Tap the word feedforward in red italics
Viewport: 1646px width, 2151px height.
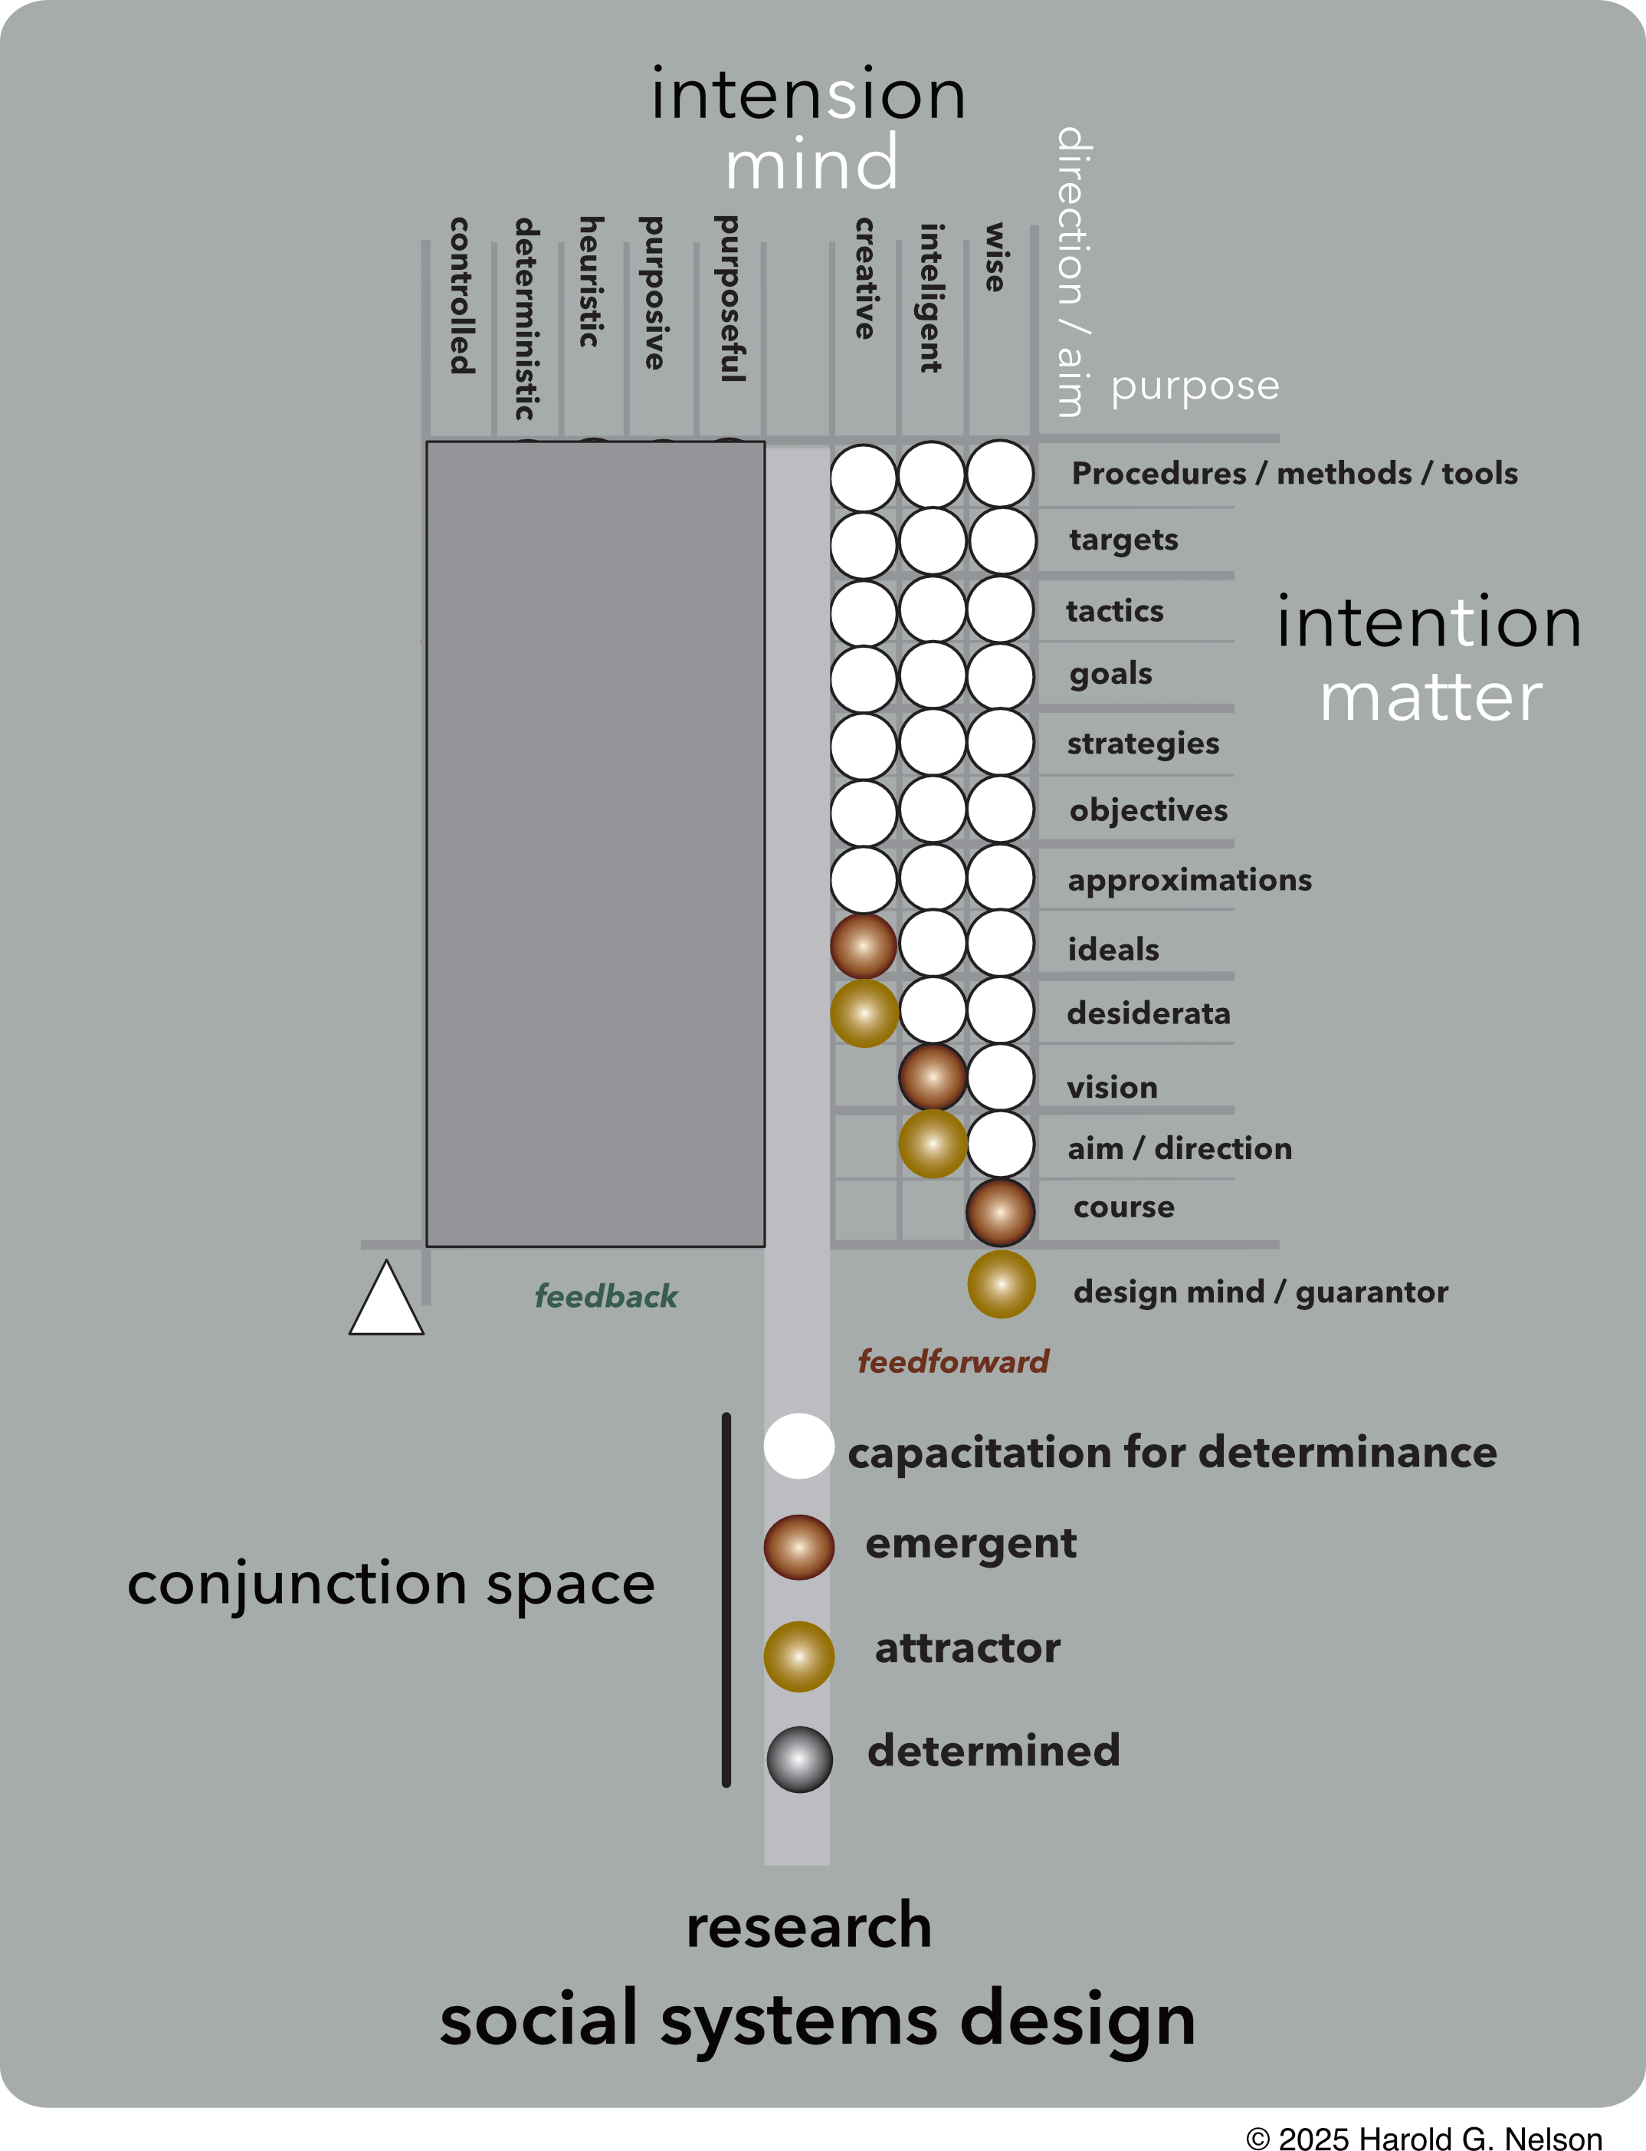(x=953, y=1361)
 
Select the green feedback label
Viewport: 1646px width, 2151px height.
(x=605, y=1296)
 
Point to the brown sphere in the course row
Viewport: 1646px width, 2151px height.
(x=1000, y=1212)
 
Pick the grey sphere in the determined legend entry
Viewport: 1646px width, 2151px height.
(x=799, y=1759)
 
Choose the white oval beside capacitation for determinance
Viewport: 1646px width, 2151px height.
(x=798, y=1446)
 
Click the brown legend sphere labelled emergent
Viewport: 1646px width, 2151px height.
(x=798, y=1546)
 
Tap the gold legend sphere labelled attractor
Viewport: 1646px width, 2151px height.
(x=798, y=1656)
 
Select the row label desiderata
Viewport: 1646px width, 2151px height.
(x=1148, y=1013)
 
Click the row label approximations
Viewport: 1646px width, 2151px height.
(x=1189, y=880)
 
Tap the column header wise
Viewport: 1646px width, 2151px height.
(x=995, y=257)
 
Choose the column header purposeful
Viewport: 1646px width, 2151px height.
(x=730, y=298)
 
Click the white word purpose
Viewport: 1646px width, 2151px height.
(x=1195, y=386)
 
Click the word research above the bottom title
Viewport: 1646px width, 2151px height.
(x=808, y=1926)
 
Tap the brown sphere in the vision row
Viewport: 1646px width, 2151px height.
(x=933, y=1077)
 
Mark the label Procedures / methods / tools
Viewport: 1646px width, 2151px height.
(x=1294, y=473)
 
